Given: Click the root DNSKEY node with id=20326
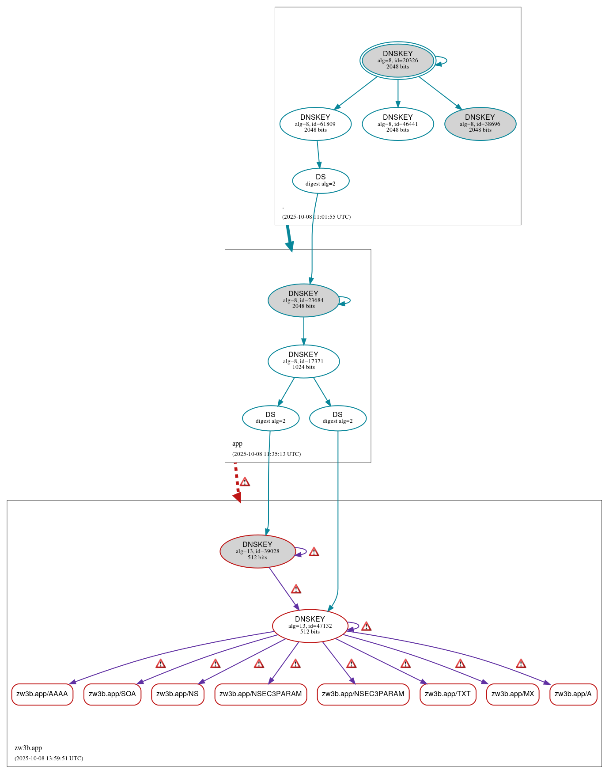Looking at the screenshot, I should (x=397, y=61).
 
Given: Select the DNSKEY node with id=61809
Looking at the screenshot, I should (x=315, y=124).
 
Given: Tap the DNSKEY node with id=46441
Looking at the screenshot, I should (x=397, y=124).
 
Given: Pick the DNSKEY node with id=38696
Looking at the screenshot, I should (x=480, y=124).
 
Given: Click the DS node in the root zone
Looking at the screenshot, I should (x=321, y=180).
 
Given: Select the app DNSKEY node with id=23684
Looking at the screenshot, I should (x=303, y=300).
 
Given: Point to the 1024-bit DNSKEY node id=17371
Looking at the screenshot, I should (x=303, y=361).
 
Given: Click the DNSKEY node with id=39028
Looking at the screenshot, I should (x=257, y=551).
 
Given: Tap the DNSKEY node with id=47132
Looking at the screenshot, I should (x=310, y=626).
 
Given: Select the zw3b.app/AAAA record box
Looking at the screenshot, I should (x=42, y=694).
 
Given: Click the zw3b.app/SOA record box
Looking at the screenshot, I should (x=112, y=694).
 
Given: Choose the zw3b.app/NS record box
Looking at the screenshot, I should (x=178, y=694).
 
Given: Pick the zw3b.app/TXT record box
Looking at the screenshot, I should (x=447, y=694).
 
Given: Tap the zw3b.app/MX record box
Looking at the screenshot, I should (x=512, y=694).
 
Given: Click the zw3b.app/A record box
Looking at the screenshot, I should (x=573, y=694).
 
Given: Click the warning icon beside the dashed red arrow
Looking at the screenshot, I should (x=245, y=482).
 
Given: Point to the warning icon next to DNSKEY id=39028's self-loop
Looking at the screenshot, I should (x=314, y=552).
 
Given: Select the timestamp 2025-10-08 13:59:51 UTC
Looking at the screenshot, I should (x=49, y=758).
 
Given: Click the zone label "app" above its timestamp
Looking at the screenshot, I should (x=237, y=444).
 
